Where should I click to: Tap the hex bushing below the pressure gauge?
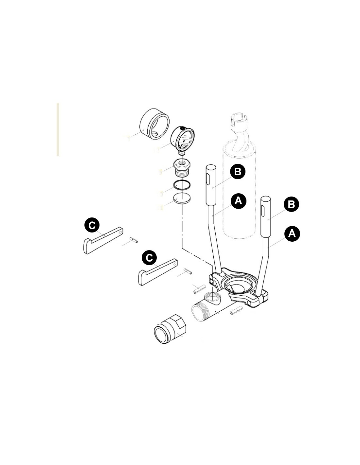click(x=182, y=168)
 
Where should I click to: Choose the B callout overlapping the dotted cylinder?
click(x=238, y=172)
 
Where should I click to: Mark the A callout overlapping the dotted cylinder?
click(x=238, y=201)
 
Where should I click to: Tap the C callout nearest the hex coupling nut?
click(x=149, y=258)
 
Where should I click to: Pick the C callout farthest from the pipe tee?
click(x=92, y=225)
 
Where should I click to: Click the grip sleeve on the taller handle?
click(x=211, y=185)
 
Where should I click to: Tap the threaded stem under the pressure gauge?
click(x=182, y=153)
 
